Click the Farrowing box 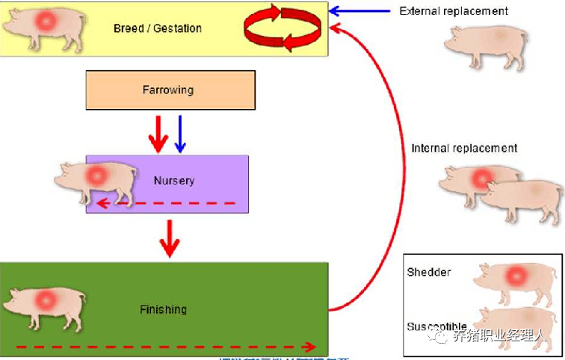click(170, 90)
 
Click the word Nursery click(174, 180)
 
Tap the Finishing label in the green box click(163, 309)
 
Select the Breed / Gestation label click(158, 28)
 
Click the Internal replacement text click(464, 148)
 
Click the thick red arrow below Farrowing click(158, 133)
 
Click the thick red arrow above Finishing click(170, 238)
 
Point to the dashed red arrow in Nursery click(168, 202)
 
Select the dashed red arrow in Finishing click(164, 347)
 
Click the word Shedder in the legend click(429, 272)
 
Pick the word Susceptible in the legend click(437, 326)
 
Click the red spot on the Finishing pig click(47, 301)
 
